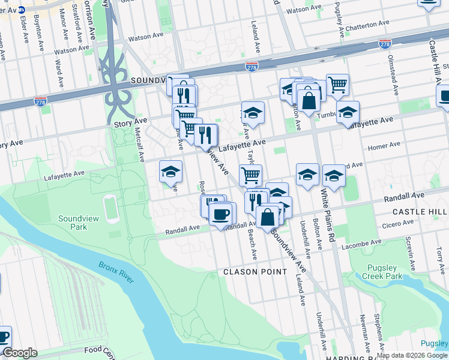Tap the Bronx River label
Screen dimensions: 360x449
click(116, 271)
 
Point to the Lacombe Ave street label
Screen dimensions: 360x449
click(361, 243)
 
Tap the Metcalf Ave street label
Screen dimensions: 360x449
click(139, 144)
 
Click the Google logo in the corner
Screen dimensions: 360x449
click(20, 353)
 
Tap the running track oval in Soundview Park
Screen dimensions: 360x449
click(110, 208)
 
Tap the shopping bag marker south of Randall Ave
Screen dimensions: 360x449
click(268, 217)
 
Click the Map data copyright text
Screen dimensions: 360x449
click(412, 355)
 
